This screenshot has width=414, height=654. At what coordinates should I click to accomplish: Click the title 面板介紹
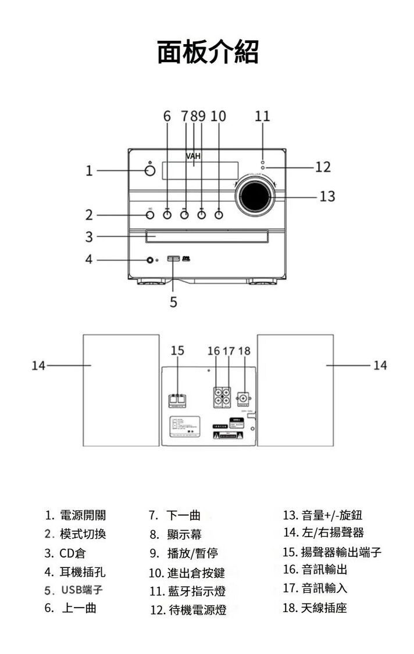[x=208, y=52]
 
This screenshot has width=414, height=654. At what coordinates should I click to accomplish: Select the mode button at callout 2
[x=150, y=215]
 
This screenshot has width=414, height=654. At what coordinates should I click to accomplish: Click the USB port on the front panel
[x=173, y=259]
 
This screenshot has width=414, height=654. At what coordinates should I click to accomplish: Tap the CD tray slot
[x=207, y=237]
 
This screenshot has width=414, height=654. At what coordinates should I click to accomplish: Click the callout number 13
[x=327, y=196]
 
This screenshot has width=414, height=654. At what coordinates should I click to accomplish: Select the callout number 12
[x=323, y=167]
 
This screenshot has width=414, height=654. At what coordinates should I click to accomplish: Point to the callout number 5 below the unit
[x=173, y=302]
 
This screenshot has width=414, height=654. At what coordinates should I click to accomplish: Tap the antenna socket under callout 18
[x=243, y=399]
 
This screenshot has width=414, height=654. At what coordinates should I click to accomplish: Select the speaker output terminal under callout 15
[x=177, y=399]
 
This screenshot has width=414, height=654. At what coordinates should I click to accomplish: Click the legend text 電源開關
[x=83, y=515]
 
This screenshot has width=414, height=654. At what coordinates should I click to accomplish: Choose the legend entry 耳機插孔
[x=83, y=571]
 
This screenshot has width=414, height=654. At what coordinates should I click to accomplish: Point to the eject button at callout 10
[x=219, y=215]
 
